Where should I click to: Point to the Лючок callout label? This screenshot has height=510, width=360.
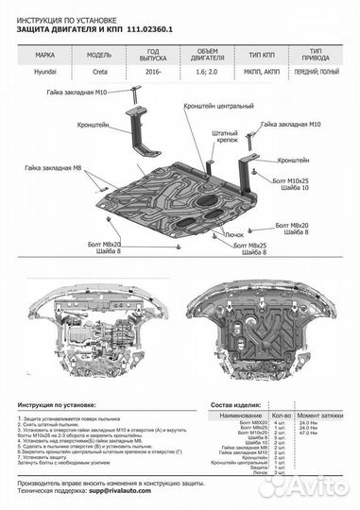click(x=234, y=232)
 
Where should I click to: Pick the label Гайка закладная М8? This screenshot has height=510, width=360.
click(x=47, y=167)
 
